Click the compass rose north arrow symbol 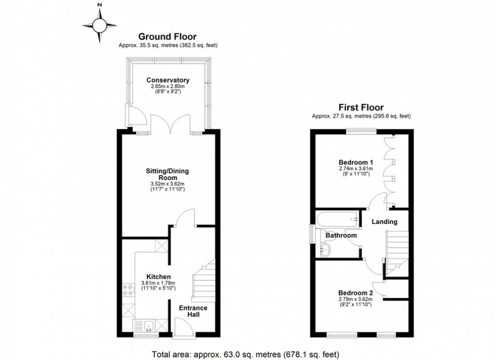[x=100, y=24]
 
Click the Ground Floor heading [x=168, y=36]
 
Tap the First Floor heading [x=361, y=107]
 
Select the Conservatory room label [x=168, y=80]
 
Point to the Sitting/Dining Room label [x=168, y=174]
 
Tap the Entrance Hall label [x=193, y=311]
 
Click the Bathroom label [x=341, y=236]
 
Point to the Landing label [x=384, y=221]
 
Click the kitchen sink [x=148, y=325]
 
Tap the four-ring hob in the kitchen [x=128, y=291]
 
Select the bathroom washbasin [x=325, y=249]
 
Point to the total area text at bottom [x=245, y=354]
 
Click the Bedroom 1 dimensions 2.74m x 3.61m [x=355, y=168]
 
